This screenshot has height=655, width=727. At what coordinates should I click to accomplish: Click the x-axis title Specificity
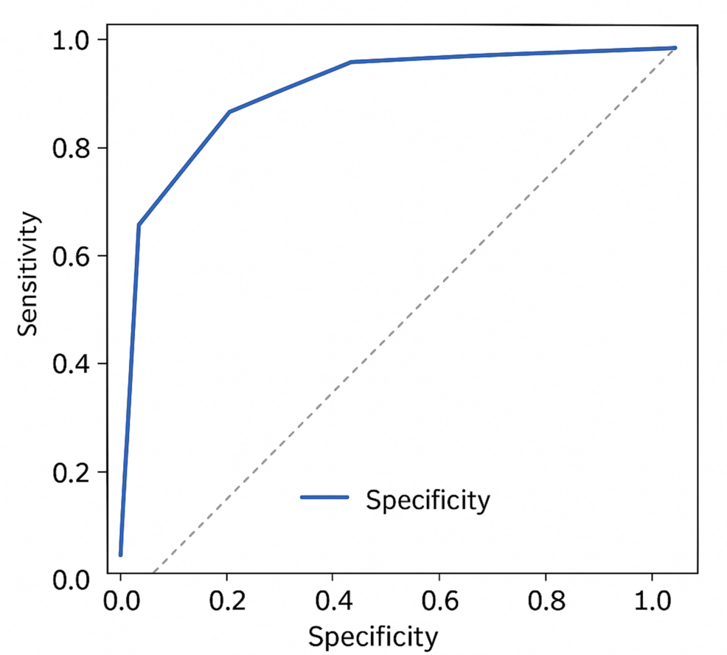point(372,635)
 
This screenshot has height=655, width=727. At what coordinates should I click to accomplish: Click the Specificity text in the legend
point(428,501)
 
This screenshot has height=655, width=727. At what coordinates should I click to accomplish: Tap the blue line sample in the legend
point(324,498)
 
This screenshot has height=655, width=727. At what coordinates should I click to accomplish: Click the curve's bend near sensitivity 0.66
point(139,225)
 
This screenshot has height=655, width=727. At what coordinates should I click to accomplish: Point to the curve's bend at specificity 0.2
point(229,111)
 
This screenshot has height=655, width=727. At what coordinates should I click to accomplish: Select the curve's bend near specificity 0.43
point(351,62)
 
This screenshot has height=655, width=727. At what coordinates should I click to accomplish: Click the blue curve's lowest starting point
point(120,555)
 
